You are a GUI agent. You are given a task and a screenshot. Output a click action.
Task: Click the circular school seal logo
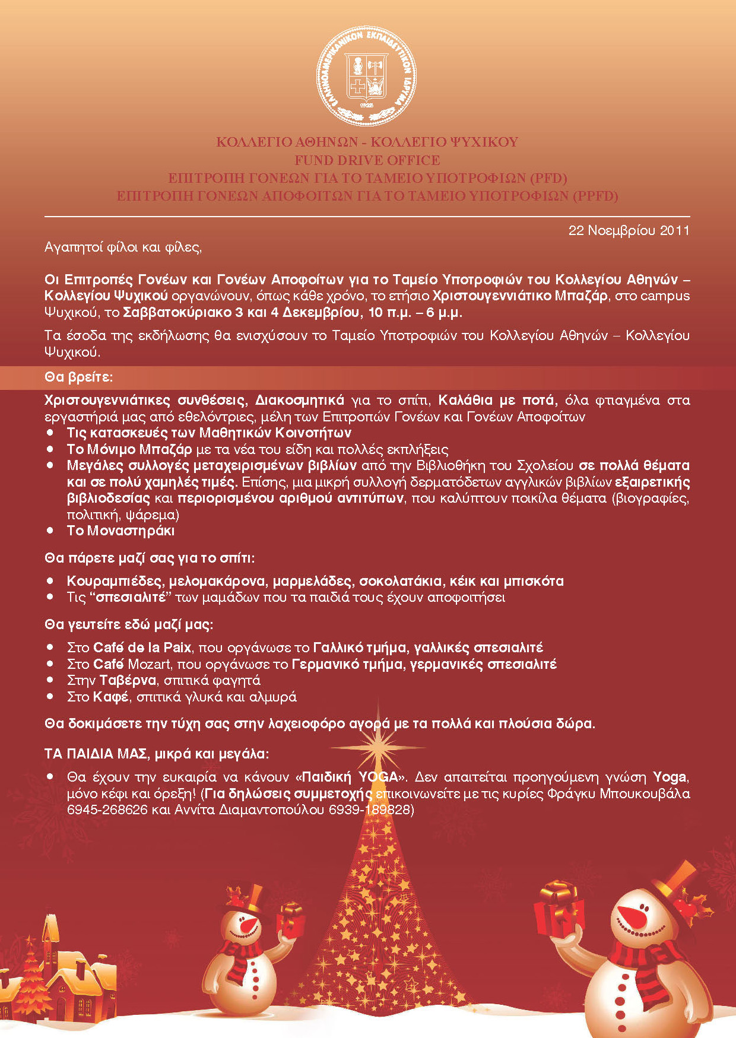click(367, 76)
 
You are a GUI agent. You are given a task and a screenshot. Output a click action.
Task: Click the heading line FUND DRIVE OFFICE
click(367, 160)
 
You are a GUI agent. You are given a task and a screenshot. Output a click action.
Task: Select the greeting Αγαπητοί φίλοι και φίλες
click(123, 247)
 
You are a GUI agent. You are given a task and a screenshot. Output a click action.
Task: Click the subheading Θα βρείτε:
click(78, 377)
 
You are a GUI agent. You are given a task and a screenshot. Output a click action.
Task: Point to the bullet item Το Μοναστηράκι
click(120, 531)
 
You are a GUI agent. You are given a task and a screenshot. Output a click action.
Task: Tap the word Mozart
click(150, 664)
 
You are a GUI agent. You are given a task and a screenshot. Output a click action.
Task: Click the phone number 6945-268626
click(107, 810)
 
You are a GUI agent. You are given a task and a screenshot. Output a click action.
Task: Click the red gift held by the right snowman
click(554, 911)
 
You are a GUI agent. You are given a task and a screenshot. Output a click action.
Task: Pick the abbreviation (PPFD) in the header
click(595, 196)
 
